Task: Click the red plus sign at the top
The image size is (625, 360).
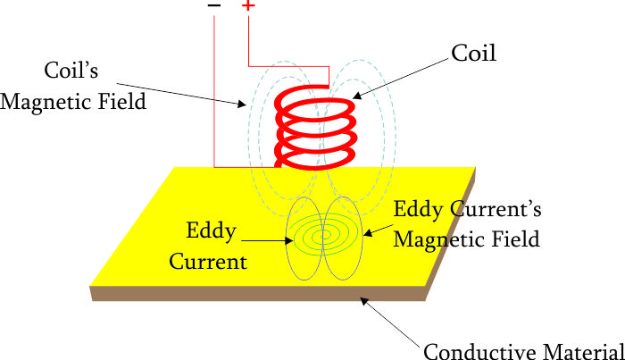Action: [247, 6]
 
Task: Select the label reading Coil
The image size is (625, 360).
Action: [473, 54]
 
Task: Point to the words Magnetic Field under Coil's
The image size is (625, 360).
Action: [73, 101]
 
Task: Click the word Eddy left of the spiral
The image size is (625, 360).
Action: [211, 231]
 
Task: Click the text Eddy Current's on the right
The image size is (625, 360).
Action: [468, 212]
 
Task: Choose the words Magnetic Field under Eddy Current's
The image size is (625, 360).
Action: [468, 239]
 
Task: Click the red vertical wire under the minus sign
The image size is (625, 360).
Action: [214, 89]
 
